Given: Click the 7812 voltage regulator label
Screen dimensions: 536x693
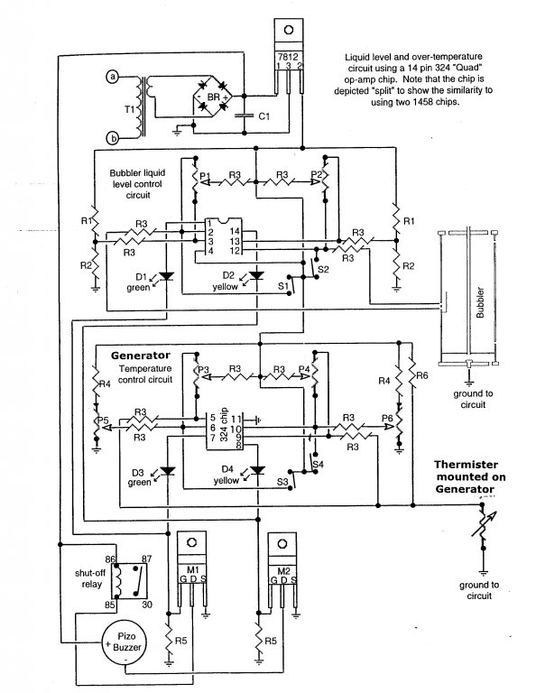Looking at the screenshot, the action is coord(288,57).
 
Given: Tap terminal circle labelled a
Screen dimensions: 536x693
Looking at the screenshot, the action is coord(113,77).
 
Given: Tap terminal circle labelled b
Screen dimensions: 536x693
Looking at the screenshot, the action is coord(113,138).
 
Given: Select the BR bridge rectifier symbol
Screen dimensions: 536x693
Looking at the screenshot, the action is coord(214,96).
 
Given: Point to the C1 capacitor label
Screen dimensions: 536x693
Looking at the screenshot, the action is coord(263,116).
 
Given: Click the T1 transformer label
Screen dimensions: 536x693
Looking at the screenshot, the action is coord(129,108).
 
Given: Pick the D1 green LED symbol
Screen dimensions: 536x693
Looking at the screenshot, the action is coord(166,276).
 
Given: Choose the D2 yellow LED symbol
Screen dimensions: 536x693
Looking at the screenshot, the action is coord(256,275).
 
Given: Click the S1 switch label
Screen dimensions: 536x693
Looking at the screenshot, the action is coord(282,286).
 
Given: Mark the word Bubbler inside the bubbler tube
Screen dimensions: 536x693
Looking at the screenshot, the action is coord(480,303).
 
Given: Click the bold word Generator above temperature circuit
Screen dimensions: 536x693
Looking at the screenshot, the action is coord(141,355).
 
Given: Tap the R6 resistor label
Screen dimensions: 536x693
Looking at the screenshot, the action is coord(422,375).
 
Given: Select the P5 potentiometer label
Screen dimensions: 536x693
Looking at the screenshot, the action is coord(103,420).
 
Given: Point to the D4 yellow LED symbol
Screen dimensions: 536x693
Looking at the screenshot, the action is coord(257,470).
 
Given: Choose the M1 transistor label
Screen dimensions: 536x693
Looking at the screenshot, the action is coord(192,569).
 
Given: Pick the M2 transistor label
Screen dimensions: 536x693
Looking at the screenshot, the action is coord(283,571).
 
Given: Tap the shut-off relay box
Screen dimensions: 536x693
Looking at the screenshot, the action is coord(132,581).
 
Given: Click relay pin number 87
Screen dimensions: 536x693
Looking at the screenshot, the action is coord(146,559).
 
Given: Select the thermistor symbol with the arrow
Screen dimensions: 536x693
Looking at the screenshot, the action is coord(484,526).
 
